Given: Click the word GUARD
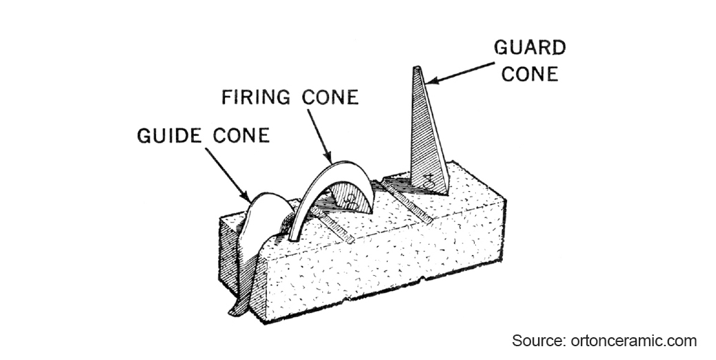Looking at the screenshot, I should click(530, 48).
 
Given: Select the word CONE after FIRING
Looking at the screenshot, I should click(330, 97).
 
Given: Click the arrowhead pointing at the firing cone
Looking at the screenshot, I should click(330, 157).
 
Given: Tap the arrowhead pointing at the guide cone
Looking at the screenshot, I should click(249, 199).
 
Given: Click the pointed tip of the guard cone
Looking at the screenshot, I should click(418, 69).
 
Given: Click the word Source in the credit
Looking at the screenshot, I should click(537, 340).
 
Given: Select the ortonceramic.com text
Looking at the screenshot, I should click(633, 340).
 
